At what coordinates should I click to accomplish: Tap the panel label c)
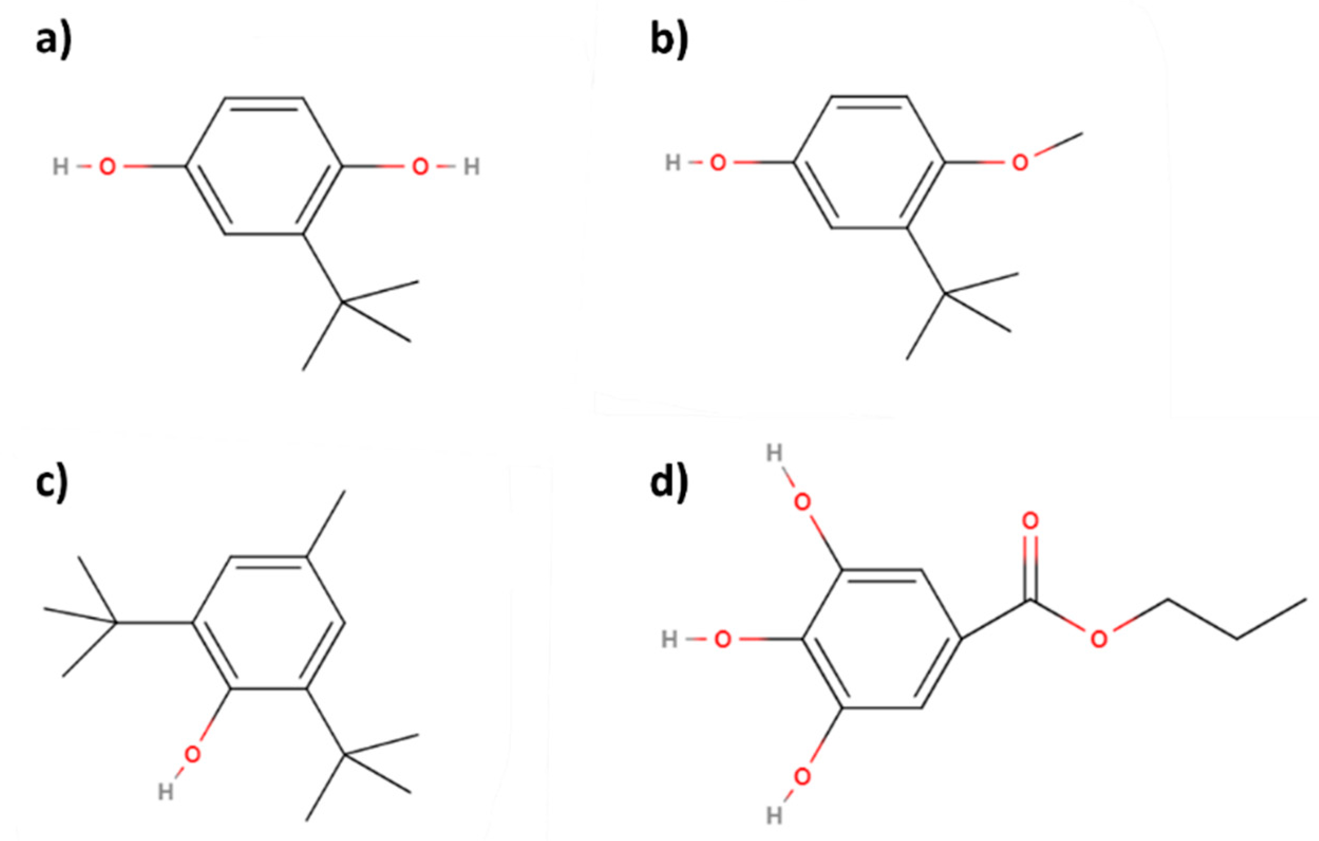coord(52,485)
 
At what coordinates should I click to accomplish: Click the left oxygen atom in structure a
coord(107,166)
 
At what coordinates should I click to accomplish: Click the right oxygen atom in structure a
coord(420,166)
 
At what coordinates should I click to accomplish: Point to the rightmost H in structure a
coord(472,166)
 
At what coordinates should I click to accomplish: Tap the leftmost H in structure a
coord(60,166)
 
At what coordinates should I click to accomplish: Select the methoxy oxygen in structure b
coord(1020,163)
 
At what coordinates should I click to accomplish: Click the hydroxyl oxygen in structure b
coord(718,163)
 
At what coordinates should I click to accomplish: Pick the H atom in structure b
coord(672,163)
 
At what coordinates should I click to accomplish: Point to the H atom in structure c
coord(165,792)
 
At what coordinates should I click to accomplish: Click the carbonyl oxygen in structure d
coord(1031,521)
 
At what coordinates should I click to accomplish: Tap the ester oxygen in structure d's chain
coord(1099,639)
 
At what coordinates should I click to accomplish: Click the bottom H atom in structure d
coord(774,816)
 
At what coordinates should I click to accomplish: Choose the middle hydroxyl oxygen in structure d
coord(723,639)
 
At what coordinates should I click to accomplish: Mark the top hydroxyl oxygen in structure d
coord(802,503)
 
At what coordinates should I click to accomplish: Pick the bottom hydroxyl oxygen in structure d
coord(802,777)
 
